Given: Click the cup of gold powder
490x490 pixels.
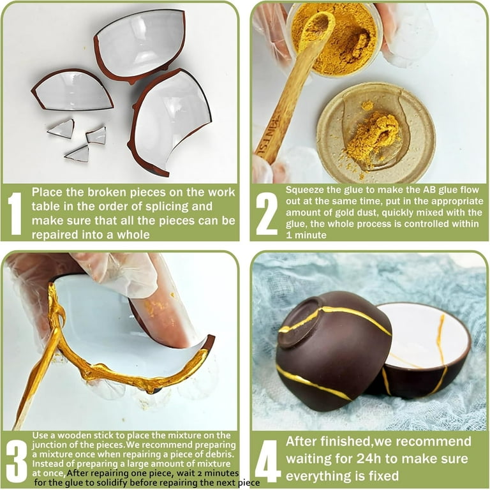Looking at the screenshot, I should pyautogui.click(x=335, y=39).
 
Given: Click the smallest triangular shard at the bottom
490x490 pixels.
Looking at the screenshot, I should pyautogui.click(x=78, y=153).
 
